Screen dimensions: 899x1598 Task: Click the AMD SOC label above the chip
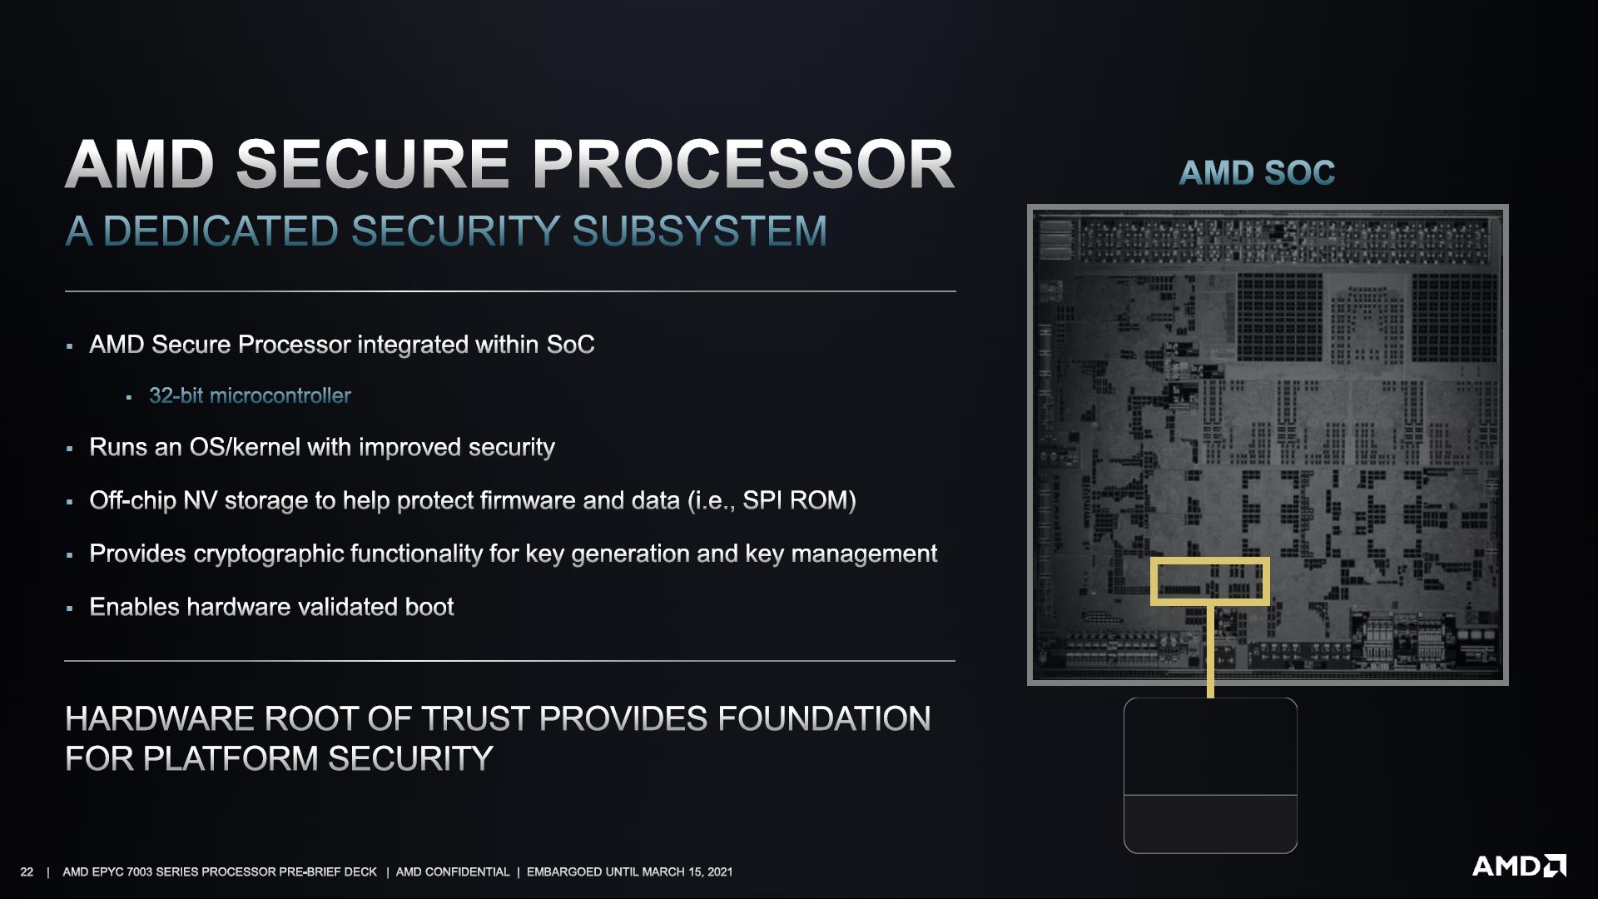tap(1257, 173)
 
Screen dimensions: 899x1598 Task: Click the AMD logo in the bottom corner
tap(1519, 867)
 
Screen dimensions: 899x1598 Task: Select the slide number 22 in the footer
tap(27, 872)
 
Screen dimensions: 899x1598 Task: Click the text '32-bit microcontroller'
tap(250, 395)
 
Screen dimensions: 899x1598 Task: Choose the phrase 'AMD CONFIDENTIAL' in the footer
tap(453, 872)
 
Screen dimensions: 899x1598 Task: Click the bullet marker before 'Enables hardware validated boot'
tap(70, 608)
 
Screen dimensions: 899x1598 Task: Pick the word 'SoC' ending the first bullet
tap(570, 345)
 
